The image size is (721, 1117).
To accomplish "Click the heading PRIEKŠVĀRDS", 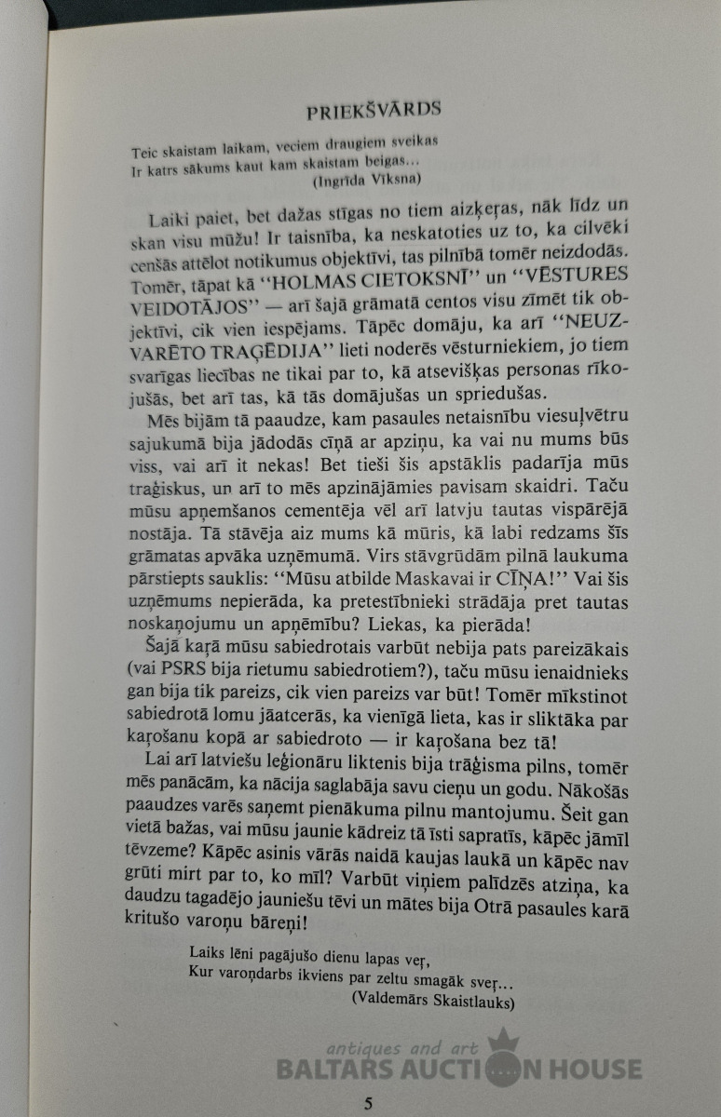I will coord(374,110).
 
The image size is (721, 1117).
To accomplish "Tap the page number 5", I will coord(369,1104).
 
